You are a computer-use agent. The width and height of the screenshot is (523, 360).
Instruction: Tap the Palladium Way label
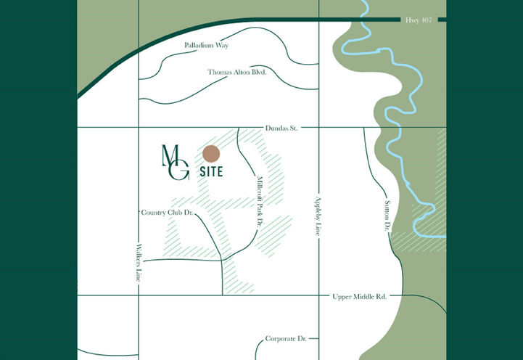coord(205,46)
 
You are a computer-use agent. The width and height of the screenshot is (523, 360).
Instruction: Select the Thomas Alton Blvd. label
coord(237,73)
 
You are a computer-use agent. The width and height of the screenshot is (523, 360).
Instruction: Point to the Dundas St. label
coord(282,128)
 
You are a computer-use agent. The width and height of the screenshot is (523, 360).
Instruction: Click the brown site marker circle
coord(211,154)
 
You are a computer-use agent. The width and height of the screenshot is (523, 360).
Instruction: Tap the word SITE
coord(210,173)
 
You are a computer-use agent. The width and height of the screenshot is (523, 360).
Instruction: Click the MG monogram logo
coord(175,162)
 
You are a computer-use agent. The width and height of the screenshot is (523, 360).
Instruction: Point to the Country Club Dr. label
coord(167,213)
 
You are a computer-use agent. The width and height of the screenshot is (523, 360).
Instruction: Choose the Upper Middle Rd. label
coord(360,297)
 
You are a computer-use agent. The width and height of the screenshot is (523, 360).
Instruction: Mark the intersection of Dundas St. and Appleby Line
coord(318,128)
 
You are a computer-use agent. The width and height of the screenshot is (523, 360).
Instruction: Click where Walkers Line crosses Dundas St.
coord(139,128)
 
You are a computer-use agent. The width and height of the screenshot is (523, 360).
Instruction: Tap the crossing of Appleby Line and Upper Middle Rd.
coord(318,295)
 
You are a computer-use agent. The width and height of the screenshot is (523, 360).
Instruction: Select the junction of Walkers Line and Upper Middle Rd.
coord(139,295)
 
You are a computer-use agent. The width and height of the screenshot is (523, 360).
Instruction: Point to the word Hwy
coord(410,20)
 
